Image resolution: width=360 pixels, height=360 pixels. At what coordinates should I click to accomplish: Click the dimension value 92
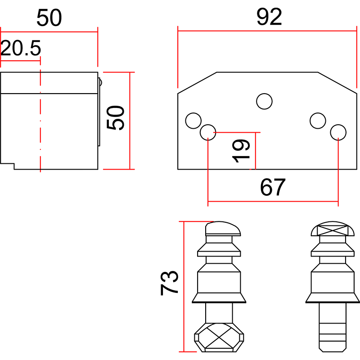pyautogui.click(x=269, y=17)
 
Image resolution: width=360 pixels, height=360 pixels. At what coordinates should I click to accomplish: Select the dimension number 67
pyautogui.click(x=273, y=188)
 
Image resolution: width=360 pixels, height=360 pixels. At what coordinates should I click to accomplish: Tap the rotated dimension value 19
pyautogui.click(x=241, y=150)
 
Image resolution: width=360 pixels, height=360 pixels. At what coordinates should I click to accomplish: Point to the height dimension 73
pyautogui.click(x=170, y=283)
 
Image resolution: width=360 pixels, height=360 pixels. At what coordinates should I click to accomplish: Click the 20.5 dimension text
pyautogui.click(x=21, y=48)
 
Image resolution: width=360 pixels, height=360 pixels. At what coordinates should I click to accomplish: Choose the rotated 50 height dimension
pyautogui.click(x=116, y=118)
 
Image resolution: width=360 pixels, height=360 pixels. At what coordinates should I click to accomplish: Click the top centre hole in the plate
pyautogui.click(x=264, y=101)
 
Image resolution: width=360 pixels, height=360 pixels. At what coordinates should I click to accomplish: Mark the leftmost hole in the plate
pyautogui.click(x=193, y=121)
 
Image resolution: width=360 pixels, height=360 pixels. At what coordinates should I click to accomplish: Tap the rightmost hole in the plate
pyautogui.click(x=338, y=132)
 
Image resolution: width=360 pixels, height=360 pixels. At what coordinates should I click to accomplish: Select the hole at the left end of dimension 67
pyautogui.click(x=208, y=132)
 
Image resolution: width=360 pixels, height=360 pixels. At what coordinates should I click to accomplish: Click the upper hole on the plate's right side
pyautogui.click(x=318, y=121)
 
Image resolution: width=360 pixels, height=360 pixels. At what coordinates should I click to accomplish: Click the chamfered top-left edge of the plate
pyautogui.click(x=197, y=82)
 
